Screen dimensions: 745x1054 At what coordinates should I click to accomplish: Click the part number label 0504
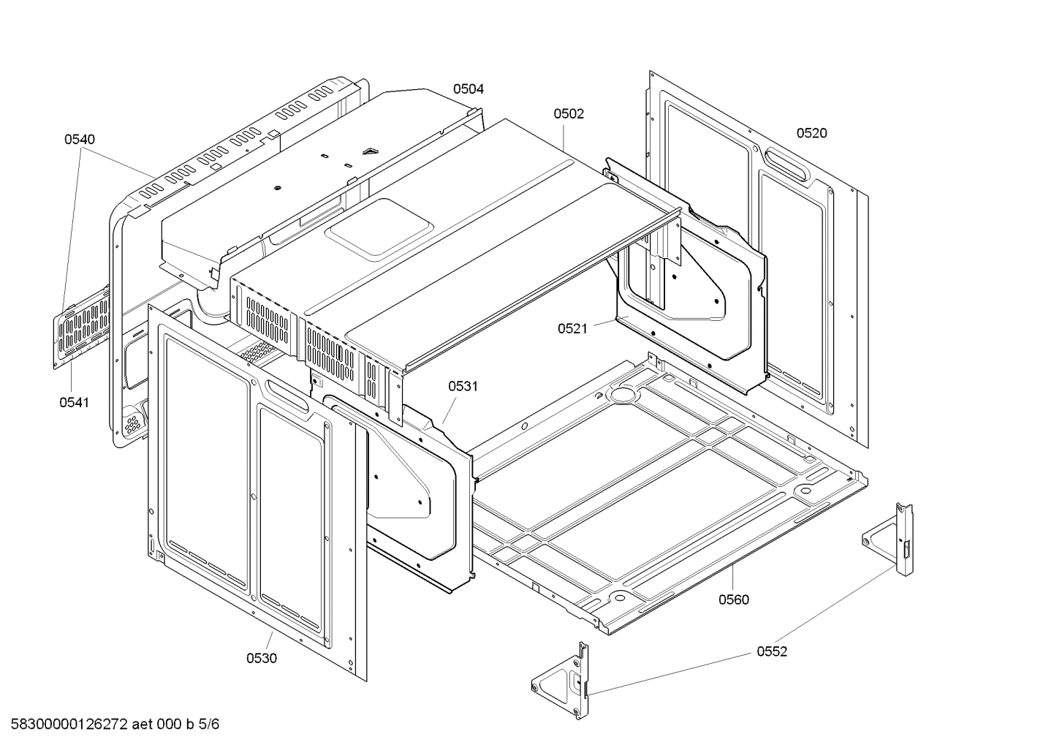click(x=468, y=89)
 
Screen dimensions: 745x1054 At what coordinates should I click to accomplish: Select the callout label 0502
click(x=568, y=113)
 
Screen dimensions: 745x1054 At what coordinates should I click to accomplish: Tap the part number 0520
click(x=811, y=132)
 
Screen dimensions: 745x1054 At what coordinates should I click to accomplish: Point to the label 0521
click(x=572, y=328)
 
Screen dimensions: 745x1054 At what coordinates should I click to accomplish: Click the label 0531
click(x=463, y=386)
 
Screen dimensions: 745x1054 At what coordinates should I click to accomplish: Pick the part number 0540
click(x=79, y=139)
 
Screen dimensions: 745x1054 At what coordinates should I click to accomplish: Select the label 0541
click(x=74, y=402)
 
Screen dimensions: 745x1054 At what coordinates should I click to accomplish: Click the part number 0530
click(x=261, y=658)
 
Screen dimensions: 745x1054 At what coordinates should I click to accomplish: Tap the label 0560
click(x=733, y=600)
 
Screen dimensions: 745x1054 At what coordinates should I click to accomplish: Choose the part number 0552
click(x=772, y=651)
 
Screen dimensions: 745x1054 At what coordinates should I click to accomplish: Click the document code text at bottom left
click(x=110, y=725)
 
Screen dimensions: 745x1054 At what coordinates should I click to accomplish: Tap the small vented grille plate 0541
click(x=82, y=327)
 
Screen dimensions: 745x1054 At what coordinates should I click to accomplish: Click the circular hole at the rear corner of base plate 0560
click(x=623, y=395)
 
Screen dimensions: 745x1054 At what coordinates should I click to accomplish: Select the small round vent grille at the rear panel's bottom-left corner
click(x=133, y=423)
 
